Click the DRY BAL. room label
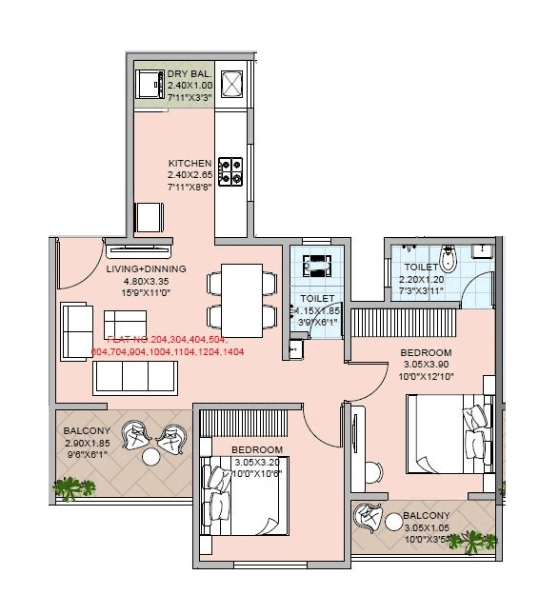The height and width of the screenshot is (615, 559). pyautogui.click(x=190, y=73)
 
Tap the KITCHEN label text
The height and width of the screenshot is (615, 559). pyautogui.click(x=190, y=163)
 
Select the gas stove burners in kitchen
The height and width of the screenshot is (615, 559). pyautogui.click(x=230, y=170)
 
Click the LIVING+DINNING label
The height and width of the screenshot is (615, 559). pyautogui.click(x=146, y=268)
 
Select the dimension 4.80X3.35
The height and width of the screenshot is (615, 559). pyautogui.click(x=146, y=281)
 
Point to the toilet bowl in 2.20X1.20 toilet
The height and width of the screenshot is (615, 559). pyautogui.click(x=454, y=257)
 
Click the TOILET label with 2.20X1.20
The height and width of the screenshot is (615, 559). pyautogui.click(x=420, y=268)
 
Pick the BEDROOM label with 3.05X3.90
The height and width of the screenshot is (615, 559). pyautogui.click(x=425, y=352)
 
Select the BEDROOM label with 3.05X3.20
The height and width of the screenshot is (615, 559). pyautogui.click(x=257, y=449)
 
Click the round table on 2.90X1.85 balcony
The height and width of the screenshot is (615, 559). pyautogui.click(x=151, y=458)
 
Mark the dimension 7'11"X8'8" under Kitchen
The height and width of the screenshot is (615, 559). pyautogui.click(x=190, y=187)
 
